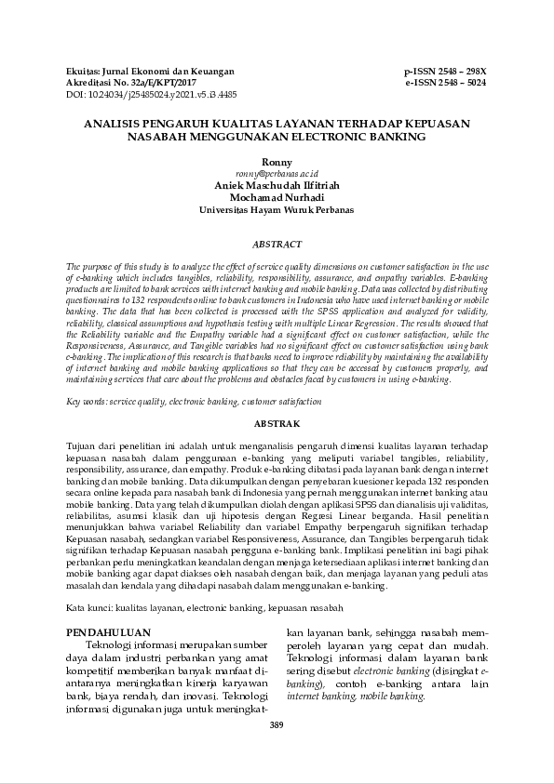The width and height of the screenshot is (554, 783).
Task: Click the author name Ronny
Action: [277, 163]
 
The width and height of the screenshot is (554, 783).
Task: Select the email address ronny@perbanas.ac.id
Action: [277, 173]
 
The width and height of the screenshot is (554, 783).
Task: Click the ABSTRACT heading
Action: [277, 244]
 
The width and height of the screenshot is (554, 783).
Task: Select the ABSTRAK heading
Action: [277, 424]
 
